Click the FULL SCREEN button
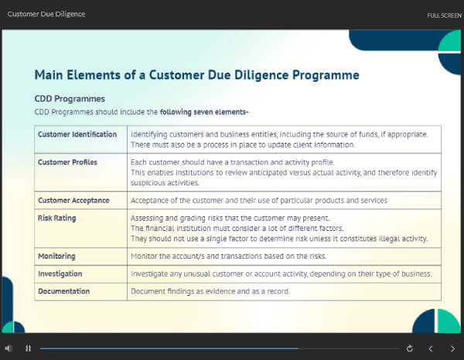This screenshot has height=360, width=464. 444,15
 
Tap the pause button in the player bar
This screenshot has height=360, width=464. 28,348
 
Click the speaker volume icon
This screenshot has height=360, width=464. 9,348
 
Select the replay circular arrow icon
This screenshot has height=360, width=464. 409,348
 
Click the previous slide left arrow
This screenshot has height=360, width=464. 431,348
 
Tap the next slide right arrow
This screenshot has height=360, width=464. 452,348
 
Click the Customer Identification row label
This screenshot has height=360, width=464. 77,134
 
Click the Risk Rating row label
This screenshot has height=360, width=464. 57,218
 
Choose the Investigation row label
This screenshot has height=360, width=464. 60,273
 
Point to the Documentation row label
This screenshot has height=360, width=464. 63,291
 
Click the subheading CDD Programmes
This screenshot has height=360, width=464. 70,99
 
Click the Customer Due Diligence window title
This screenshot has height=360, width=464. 46,14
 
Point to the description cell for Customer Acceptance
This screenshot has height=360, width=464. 259,200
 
